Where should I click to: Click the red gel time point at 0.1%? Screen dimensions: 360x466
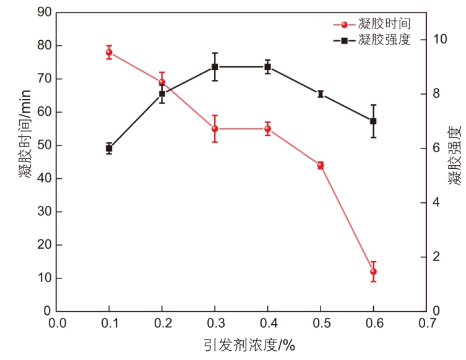pyautogui.click(x=109, y=53)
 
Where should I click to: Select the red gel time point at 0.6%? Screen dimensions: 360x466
pyautogui.click(x=373, y=272)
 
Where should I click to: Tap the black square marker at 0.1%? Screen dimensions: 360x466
pyautogui.click(x=109, y=148)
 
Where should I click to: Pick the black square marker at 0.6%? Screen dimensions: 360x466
pyautogui.click(x=373, y=121)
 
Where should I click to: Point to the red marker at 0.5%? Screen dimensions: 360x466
pyautogui.click(x=321, y=165)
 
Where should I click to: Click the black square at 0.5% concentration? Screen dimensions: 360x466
pyautogui.click(x=321, y=94)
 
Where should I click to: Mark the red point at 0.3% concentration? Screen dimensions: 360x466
pyautogui.click(x=215, y=129)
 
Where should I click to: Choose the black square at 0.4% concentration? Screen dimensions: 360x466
pyautogui.click(x=267, y=67)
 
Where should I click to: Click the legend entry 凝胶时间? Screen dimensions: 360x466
pyautogui.click(x=384, y=24)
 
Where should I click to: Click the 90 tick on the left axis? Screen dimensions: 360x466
pyautogui.click(x=43, y=12)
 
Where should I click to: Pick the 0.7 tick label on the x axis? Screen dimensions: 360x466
pyautogui.click(x=426, y=324)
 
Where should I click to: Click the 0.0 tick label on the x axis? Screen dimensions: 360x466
pyautogui.click(x=56, y=324)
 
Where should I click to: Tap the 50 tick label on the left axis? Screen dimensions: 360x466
pyautogui.click(x=43, y=145)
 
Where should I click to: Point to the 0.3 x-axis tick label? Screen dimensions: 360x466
pyautogui.click(x=215, y=324)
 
